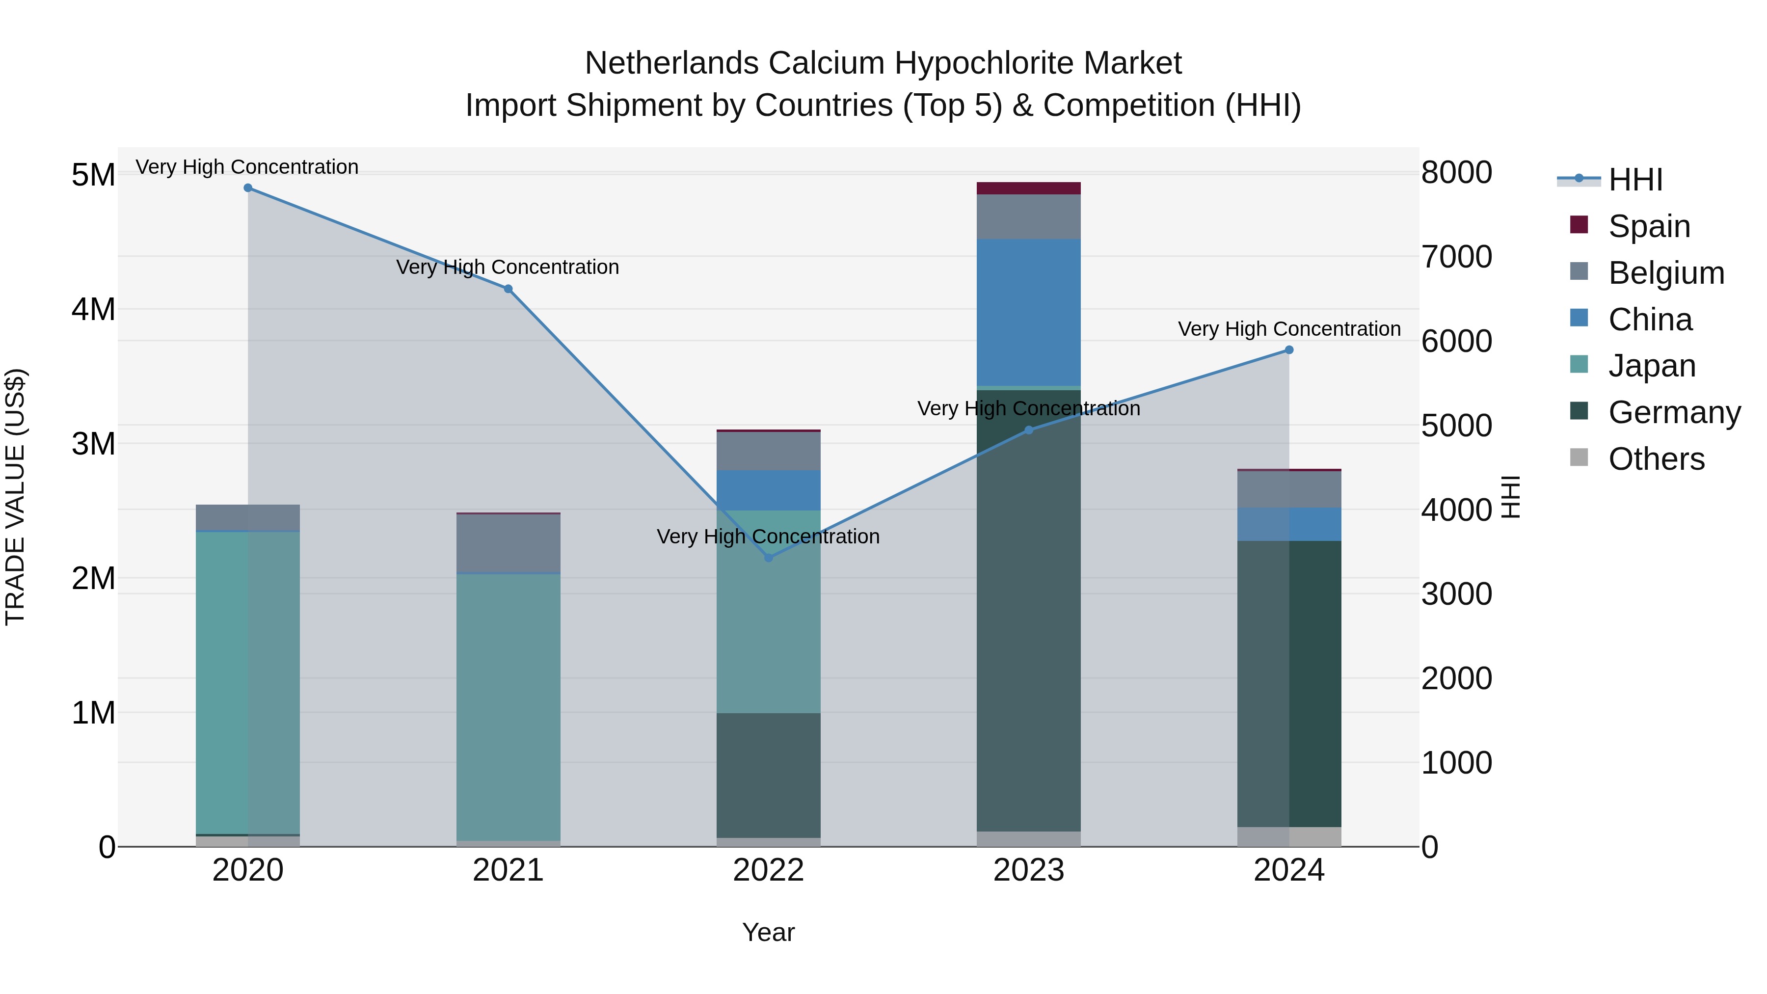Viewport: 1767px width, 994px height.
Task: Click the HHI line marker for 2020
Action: [248, 188]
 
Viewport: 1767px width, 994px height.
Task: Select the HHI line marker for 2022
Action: [768, 558]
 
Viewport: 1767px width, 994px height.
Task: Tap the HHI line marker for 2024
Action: [1289, 350]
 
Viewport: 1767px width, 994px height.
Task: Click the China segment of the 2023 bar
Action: [1028, 312]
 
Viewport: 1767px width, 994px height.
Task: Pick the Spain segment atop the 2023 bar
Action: [1028, 188]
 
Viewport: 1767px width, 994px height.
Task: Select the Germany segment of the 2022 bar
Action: [768, 775]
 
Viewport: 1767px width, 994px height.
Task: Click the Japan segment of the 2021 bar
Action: [509, 706]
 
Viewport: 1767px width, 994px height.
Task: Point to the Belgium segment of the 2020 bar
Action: [248, 517]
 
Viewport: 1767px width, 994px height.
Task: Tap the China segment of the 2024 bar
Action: [1289, 524]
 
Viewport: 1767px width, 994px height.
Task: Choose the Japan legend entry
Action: [1651, 366]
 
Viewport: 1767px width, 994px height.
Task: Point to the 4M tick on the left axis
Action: [93, 309]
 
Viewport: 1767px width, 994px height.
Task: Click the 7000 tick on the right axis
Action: [1456, 257]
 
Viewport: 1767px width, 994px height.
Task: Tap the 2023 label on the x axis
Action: [1028, 870]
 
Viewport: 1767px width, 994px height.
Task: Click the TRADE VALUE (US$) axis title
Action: [16, 497]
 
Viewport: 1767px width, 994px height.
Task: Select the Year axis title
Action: [768, 932]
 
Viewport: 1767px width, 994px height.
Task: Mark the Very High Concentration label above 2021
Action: [508, 267]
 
